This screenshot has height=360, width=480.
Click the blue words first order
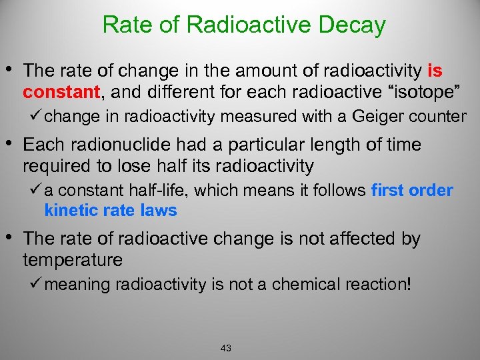(412, 191)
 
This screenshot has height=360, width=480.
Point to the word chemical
(313, 285)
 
